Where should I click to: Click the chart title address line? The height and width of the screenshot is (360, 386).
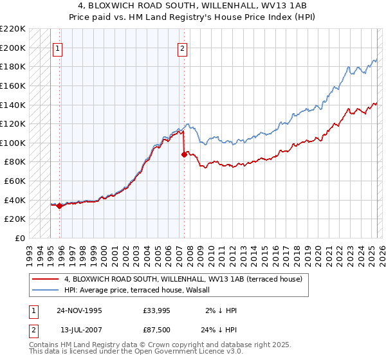[x=192, y=6]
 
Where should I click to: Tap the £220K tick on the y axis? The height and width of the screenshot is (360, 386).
[x=13, y=29]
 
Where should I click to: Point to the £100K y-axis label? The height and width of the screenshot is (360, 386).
[x=13, y=143]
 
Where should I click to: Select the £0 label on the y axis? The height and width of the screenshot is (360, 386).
[x=20, y=238]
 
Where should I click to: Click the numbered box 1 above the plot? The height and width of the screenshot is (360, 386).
[x=57, y=48]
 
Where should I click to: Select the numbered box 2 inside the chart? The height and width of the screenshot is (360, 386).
[x=182, y=48]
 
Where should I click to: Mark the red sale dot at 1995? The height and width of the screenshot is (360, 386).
[x=60, y=206]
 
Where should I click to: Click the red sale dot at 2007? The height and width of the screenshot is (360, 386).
[x=184, y=154]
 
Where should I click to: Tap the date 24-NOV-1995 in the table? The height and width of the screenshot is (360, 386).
[x=79, y=310]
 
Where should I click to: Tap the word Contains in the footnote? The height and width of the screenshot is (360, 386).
[x=46, y=345]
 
